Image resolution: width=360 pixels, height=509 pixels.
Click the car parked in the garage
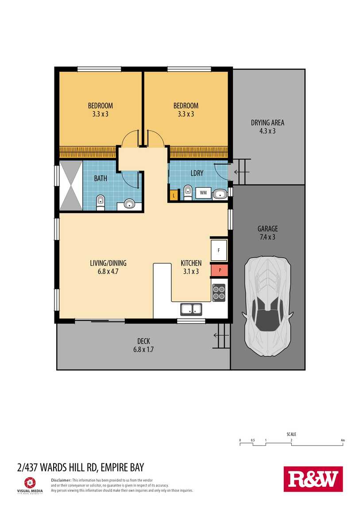[x=267, y=305]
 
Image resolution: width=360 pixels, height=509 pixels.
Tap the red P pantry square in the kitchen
[x=220, y=270]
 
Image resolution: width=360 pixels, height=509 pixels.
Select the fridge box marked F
[x=219, y=250]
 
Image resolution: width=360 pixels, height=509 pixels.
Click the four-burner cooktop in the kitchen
[x=219, y=293]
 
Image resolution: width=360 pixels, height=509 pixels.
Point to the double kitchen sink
[x=191, y=309]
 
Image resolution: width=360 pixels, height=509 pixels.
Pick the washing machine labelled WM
[x=203, y=193]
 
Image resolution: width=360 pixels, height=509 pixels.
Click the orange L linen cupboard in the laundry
[x=174, y=196]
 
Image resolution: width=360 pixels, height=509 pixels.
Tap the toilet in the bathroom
[x=101, y=203]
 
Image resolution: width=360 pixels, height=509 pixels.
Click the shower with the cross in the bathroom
[x=71, y=186]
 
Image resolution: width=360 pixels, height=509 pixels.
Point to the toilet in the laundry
[x=188, y=192]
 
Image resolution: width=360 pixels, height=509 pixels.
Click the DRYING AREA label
[x=267, y=123]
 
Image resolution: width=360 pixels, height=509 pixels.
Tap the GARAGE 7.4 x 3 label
[x=268, y=233]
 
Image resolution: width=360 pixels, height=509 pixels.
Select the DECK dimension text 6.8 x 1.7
[x=143, y=350]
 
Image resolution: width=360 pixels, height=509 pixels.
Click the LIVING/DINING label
[x=108, y=263]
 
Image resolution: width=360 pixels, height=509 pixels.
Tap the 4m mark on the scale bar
[x=343, y=440]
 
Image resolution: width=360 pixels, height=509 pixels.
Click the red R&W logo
[x=313, y=479]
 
